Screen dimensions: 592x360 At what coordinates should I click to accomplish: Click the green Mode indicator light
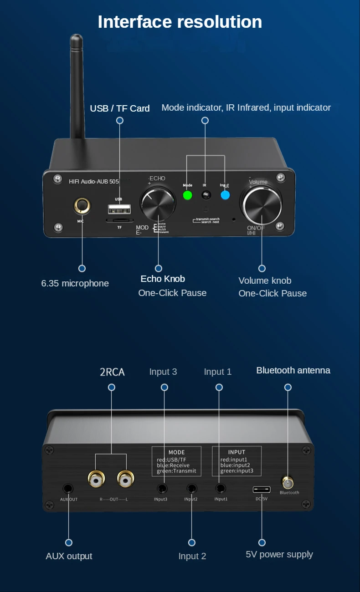[187, 195]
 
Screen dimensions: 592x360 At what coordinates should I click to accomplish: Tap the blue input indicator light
[225, 195]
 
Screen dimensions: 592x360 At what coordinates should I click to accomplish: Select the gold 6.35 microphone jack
[82, 206]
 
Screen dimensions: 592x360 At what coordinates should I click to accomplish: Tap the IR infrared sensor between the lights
[206, 195]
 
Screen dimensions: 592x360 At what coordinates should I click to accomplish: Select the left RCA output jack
[96, 479]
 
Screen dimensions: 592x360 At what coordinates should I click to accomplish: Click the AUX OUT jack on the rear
[68, 489]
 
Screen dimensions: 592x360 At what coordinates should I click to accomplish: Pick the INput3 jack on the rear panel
[162, 489]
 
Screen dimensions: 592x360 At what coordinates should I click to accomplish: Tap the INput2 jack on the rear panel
[191, 489]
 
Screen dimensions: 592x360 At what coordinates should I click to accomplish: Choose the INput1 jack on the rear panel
[221, 489]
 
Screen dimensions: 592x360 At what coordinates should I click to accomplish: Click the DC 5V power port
[262, 490]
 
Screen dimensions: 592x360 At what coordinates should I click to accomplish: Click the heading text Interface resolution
[180, 22]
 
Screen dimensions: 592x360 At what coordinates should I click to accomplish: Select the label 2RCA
[112, 372]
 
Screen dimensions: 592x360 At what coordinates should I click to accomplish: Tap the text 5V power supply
[279, 554]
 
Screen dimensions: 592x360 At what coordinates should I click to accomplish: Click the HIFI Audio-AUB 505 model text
[94, 181]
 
